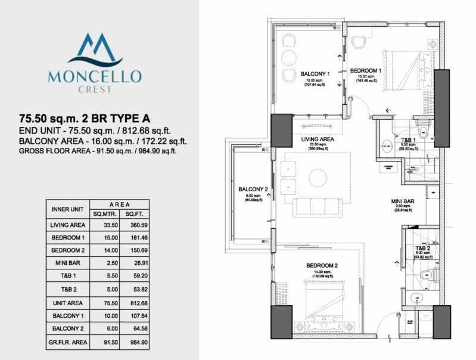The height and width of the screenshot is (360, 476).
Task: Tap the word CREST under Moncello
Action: pyautogui.click(x=95, y=90)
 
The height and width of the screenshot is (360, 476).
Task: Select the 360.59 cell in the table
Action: pyautogui.click(x=130, y=225)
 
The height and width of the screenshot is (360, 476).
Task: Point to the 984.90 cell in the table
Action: pyautogui.click(x=130, y=342)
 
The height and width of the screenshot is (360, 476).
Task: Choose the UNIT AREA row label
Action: pyautogui.click(x=67, y=303)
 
